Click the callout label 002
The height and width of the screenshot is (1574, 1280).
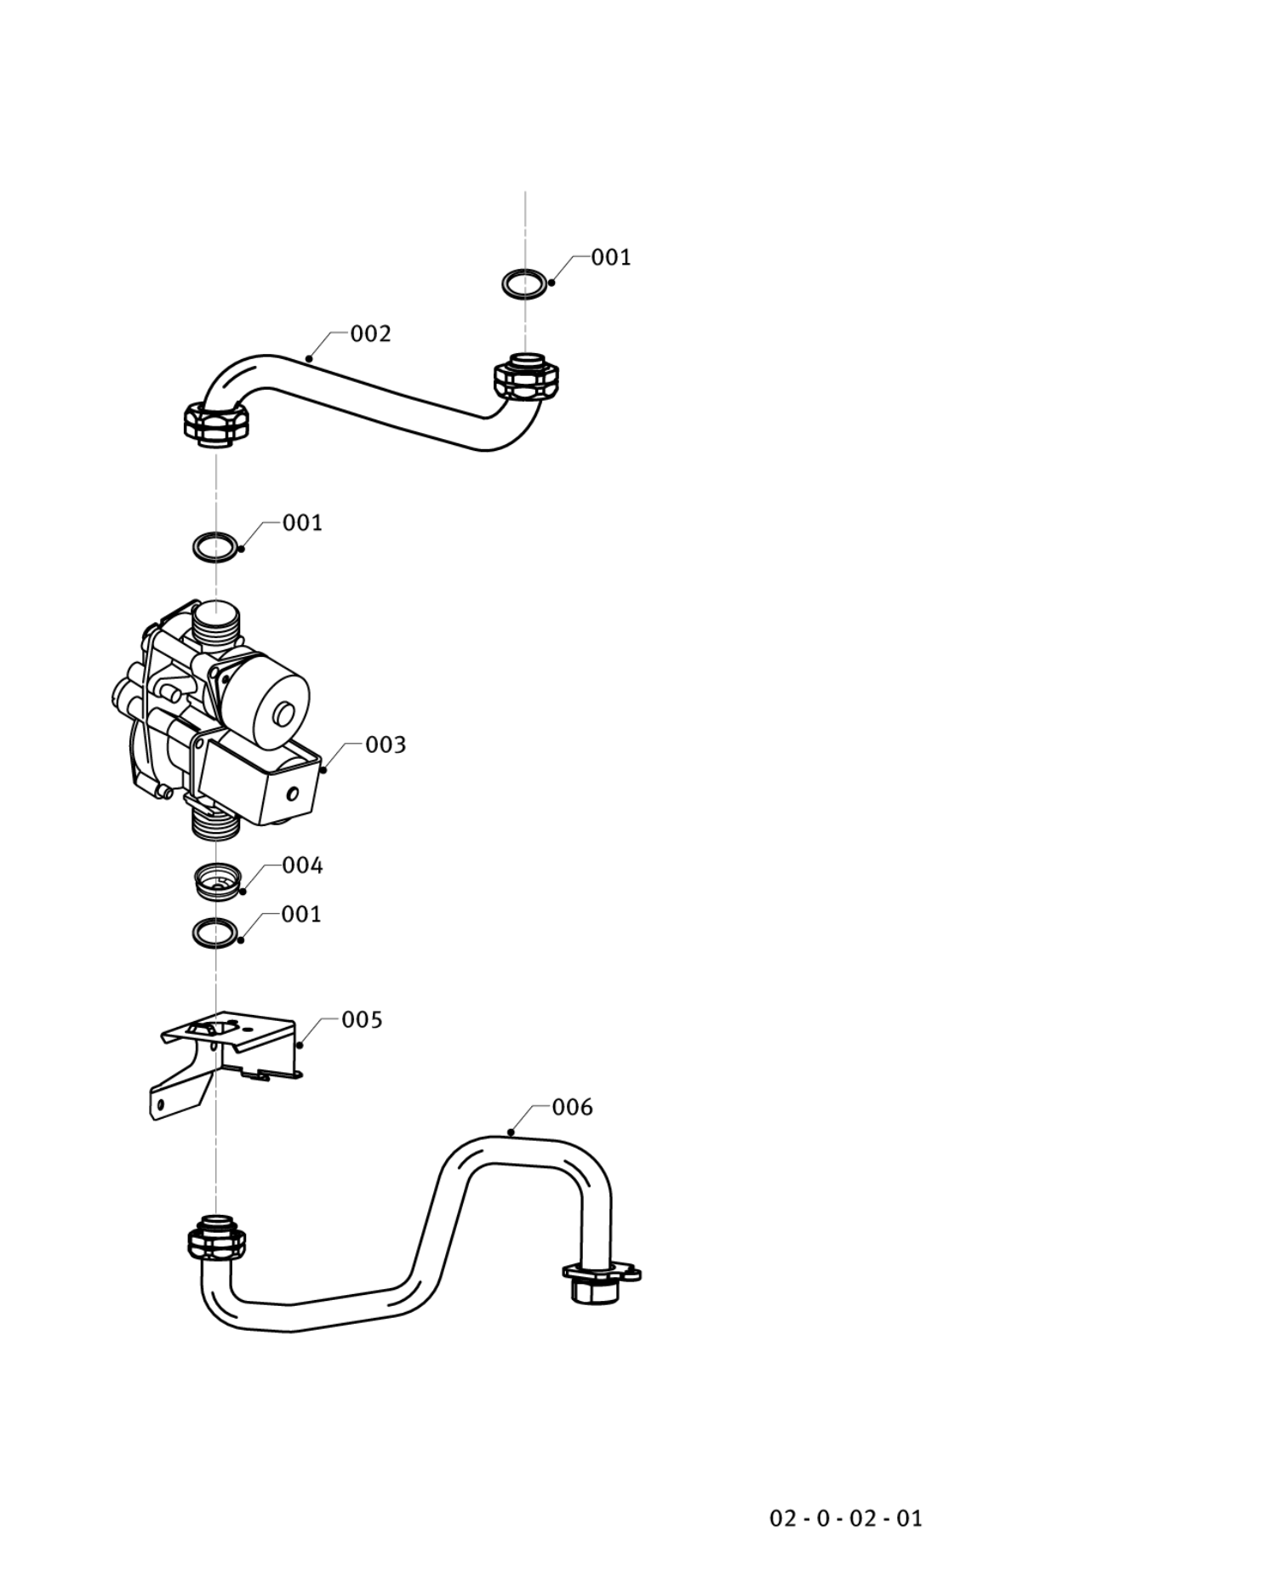point(370,334)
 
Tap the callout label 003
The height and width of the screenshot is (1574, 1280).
point(386,744)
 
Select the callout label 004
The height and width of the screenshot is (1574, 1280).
point(302,865)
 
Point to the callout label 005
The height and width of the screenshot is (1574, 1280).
point(362,1019)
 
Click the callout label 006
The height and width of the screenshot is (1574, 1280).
point(572,1107)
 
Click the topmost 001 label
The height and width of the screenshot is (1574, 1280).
point(611,257)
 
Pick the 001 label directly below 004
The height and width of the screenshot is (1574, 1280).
point(301,914)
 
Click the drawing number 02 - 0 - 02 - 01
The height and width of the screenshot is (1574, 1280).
point(845,1518)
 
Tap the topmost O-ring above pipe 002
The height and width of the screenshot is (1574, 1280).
point(525,283)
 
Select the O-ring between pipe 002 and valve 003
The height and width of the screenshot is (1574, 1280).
point(216,547)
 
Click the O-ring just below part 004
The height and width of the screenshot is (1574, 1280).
point(215,932)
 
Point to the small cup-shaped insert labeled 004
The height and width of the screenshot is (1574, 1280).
point(217,881)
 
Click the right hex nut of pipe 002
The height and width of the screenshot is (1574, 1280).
point(526,377)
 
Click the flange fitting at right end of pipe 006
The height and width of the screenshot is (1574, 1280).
point(600,1276)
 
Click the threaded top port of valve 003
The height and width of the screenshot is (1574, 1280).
point(216,624)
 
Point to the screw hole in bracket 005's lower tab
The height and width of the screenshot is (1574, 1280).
point(160,1105)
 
